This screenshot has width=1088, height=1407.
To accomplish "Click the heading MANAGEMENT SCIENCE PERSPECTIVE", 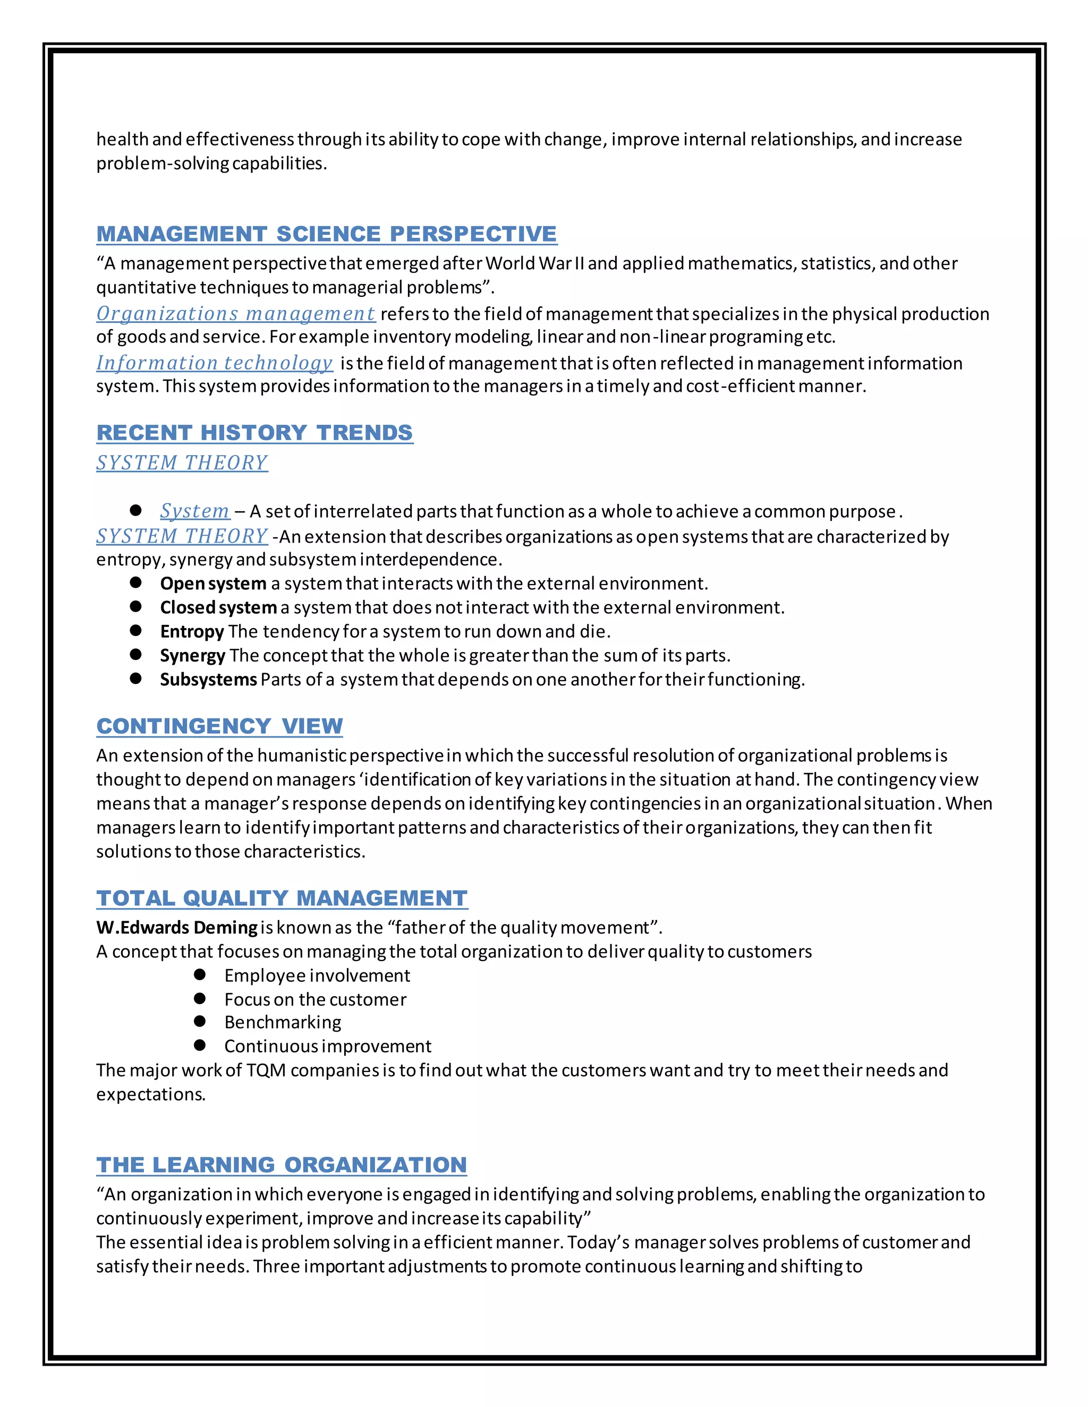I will click(x=326, y=234).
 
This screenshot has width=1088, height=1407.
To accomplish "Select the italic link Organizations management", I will click(x=235, y=314).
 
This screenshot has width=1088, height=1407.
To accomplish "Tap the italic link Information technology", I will click(x=214, y=363).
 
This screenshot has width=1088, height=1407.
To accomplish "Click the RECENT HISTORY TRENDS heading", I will click(x=254, y=432).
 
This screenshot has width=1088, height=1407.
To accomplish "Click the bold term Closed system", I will click(x=218, y=607).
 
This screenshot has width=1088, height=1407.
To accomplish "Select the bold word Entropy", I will click(x=191, y=631).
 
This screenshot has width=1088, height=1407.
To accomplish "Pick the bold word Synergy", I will click(x=192, y=656).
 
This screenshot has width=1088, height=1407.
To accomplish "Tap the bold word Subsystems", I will click(x=208, y=680).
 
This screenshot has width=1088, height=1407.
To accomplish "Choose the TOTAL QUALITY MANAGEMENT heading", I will click(x=282, y=898).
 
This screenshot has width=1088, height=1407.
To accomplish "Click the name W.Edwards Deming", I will click(x=176, y=928).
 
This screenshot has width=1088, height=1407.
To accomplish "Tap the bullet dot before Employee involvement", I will click(x=200, y=975).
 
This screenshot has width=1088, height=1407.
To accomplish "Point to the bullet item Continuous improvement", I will click(x=327, y=1046).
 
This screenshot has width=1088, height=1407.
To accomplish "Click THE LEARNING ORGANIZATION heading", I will click(x=281, y=1165).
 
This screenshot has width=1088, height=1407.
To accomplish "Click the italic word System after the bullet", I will click(x=194, y=511).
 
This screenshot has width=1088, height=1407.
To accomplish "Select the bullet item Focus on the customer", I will click(x=315, y=999).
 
